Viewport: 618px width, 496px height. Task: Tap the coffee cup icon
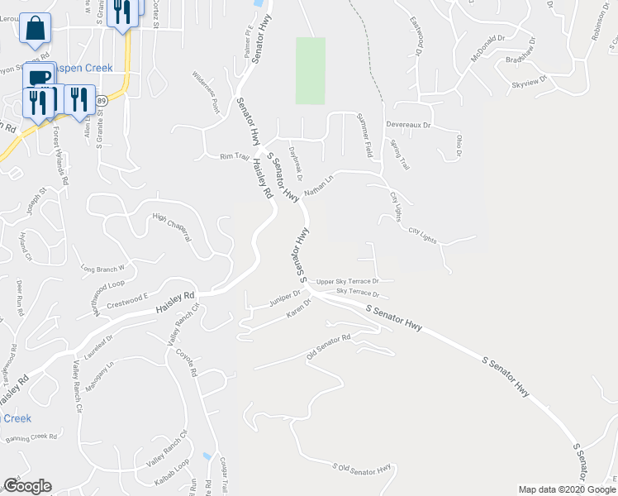click(x=38, y=77)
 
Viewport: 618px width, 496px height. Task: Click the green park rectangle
click(x=310, y=70)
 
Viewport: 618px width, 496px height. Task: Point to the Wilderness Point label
click(x=205, y=94)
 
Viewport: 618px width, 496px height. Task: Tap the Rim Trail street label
click(x=234, y=156)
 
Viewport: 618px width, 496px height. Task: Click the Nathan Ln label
click(x=318, y=184)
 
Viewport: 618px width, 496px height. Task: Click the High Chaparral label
click(x=172, y=227)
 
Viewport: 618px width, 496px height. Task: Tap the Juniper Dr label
click(x=283, y=300)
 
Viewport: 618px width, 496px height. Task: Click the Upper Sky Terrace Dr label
click(x=348, y=282)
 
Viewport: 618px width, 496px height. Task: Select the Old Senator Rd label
click(x=329, y=341)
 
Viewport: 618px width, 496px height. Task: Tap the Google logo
click(x=27, y=486)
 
